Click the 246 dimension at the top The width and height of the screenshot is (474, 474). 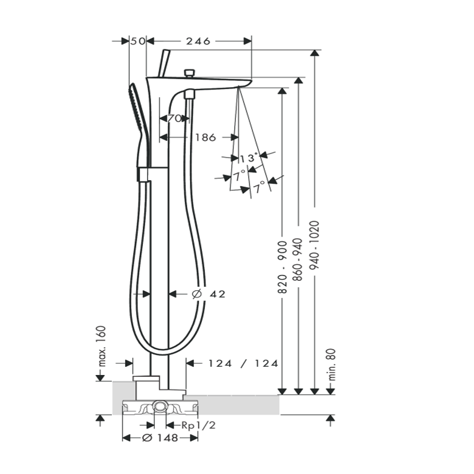(198, 41)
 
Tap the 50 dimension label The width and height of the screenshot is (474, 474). (138, 41)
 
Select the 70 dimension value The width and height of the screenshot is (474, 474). (174, 118)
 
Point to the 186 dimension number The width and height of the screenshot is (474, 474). (206, 137)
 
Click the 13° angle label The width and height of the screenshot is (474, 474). (249, 158)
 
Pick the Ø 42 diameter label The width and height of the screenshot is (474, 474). (209, 294)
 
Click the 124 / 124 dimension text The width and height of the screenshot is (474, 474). (244, 363)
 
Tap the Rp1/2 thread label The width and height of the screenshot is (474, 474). (198, 425)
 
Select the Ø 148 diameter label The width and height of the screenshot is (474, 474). (160, 437)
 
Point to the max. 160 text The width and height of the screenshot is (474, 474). (102, 346)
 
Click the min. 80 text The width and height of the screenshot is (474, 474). (332, 364)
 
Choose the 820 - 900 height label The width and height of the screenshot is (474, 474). (282, 267)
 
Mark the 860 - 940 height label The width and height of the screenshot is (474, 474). (299, 260)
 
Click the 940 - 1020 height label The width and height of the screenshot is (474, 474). (315, 245)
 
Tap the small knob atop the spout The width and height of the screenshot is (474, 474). (189, 73)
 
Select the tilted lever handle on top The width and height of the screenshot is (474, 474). (165, 63)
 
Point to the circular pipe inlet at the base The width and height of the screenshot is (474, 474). (159, 406)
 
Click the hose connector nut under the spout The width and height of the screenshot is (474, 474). (190, 94)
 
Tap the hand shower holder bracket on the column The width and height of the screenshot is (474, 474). (144, 174)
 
